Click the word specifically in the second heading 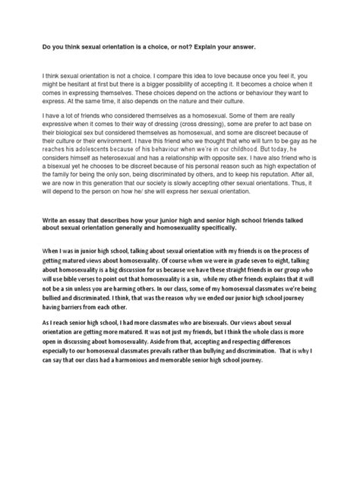pos(245,256)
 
